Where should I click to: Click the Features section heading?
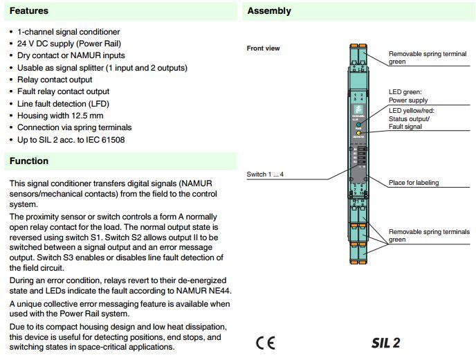tap(28, 11)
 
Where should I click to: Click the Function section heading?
tap(28, 161)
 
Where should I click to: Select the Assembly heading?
tap(269, 11)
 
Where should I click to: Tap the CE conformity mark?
tap(265, 343)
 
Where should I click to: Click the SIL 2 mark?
tap(385, 343)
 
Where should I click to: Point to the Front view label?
tap(263, 48)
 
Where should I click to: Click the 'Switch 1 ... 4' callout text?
tap(265, 174)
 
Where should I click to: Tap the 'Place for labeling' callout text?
tap(414, 183)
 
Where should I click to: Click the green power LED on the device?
tap(358, 125)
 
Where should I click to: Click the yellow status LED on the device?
tap(358, 132)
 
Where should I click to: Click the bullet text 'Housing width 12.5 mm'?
tap(60, 116)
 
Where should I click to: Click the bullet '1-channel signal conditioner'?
tap(68, 32)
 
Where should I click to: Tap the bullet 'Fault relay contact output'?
tap(64, 91)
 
